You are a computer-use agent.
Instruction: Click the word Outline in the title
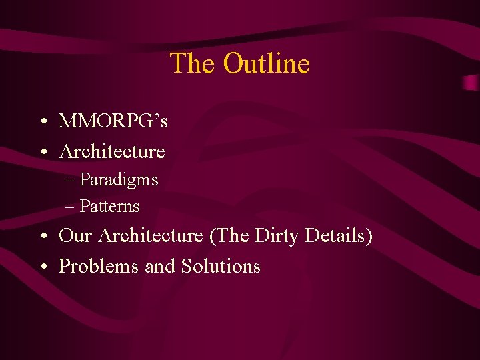[x=267, y=64]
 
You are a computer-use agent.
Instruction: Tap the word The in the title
[x=193, y=64]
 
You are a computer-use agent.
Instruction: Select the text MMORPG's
[x=113, y=121]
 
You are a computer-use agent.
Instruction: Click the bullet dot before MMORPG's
[x=42, y=122]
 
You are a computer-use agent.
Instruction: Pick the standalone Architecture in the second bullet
[x=112, y=152]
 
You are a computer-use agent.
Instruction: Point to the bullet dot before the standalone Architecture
[x=42, y=153]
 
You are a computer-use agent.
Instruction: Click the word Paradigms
[x=119, y=180]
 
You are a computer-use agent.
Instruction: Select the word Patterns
[x=109, y=207]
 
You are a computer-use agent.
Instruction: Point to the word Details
[x=337, y=236]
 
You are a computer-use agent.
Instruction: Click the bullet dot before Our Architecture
[x=42, y=237]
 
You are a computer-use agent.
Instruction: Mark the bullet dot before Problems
[x=42, y=267]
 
